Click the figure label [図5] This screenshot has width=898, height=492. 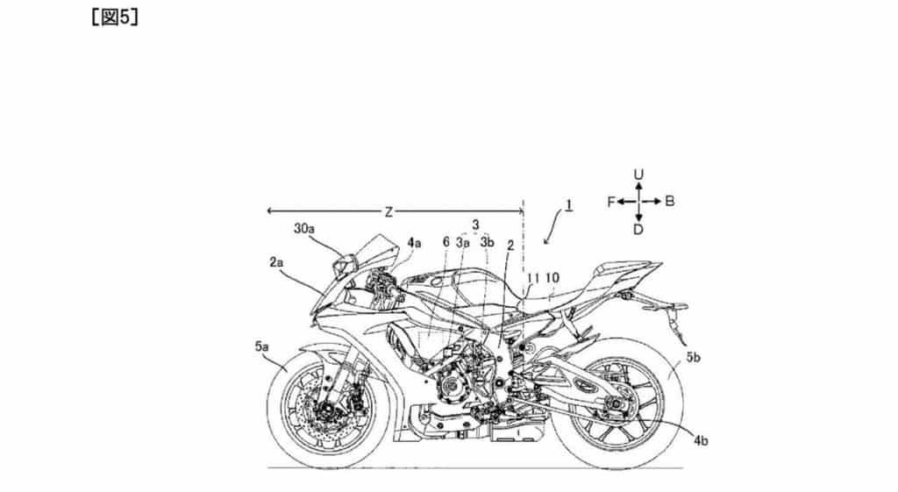click(115, 18)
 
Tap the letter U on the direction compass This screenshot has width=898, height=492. click(638, 175)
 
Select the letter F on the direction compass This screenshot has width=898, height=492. click(611, 202)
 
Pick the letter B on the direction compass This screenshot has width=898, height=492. click(669, 202)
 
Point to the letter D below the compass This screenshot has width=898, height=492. click(638, 230)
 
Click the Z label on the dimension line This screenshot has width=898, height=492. click(388, 212)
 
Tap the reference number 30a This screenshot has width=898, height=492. click(304, 228)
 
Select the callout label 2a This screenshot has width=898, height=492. click(276, 263)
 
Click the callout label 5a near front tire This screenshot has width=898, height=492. click(262, 346)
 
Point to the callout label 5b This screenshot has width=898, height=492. click(693, 358)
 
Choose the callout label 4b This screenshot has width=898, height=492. click(701, 441)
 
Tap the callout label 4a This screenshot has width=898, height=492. click(414, 243)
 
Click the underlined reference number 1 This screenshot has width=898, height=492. click(568, 204)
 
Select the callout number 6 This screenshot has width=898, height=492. click(446, 242)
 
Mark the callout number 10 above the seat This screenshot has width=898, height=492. click(552, 278)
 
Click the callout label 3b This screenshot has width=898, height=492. click(488, 242)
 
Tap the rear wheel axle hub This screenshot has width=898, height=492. click(615, 406)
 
